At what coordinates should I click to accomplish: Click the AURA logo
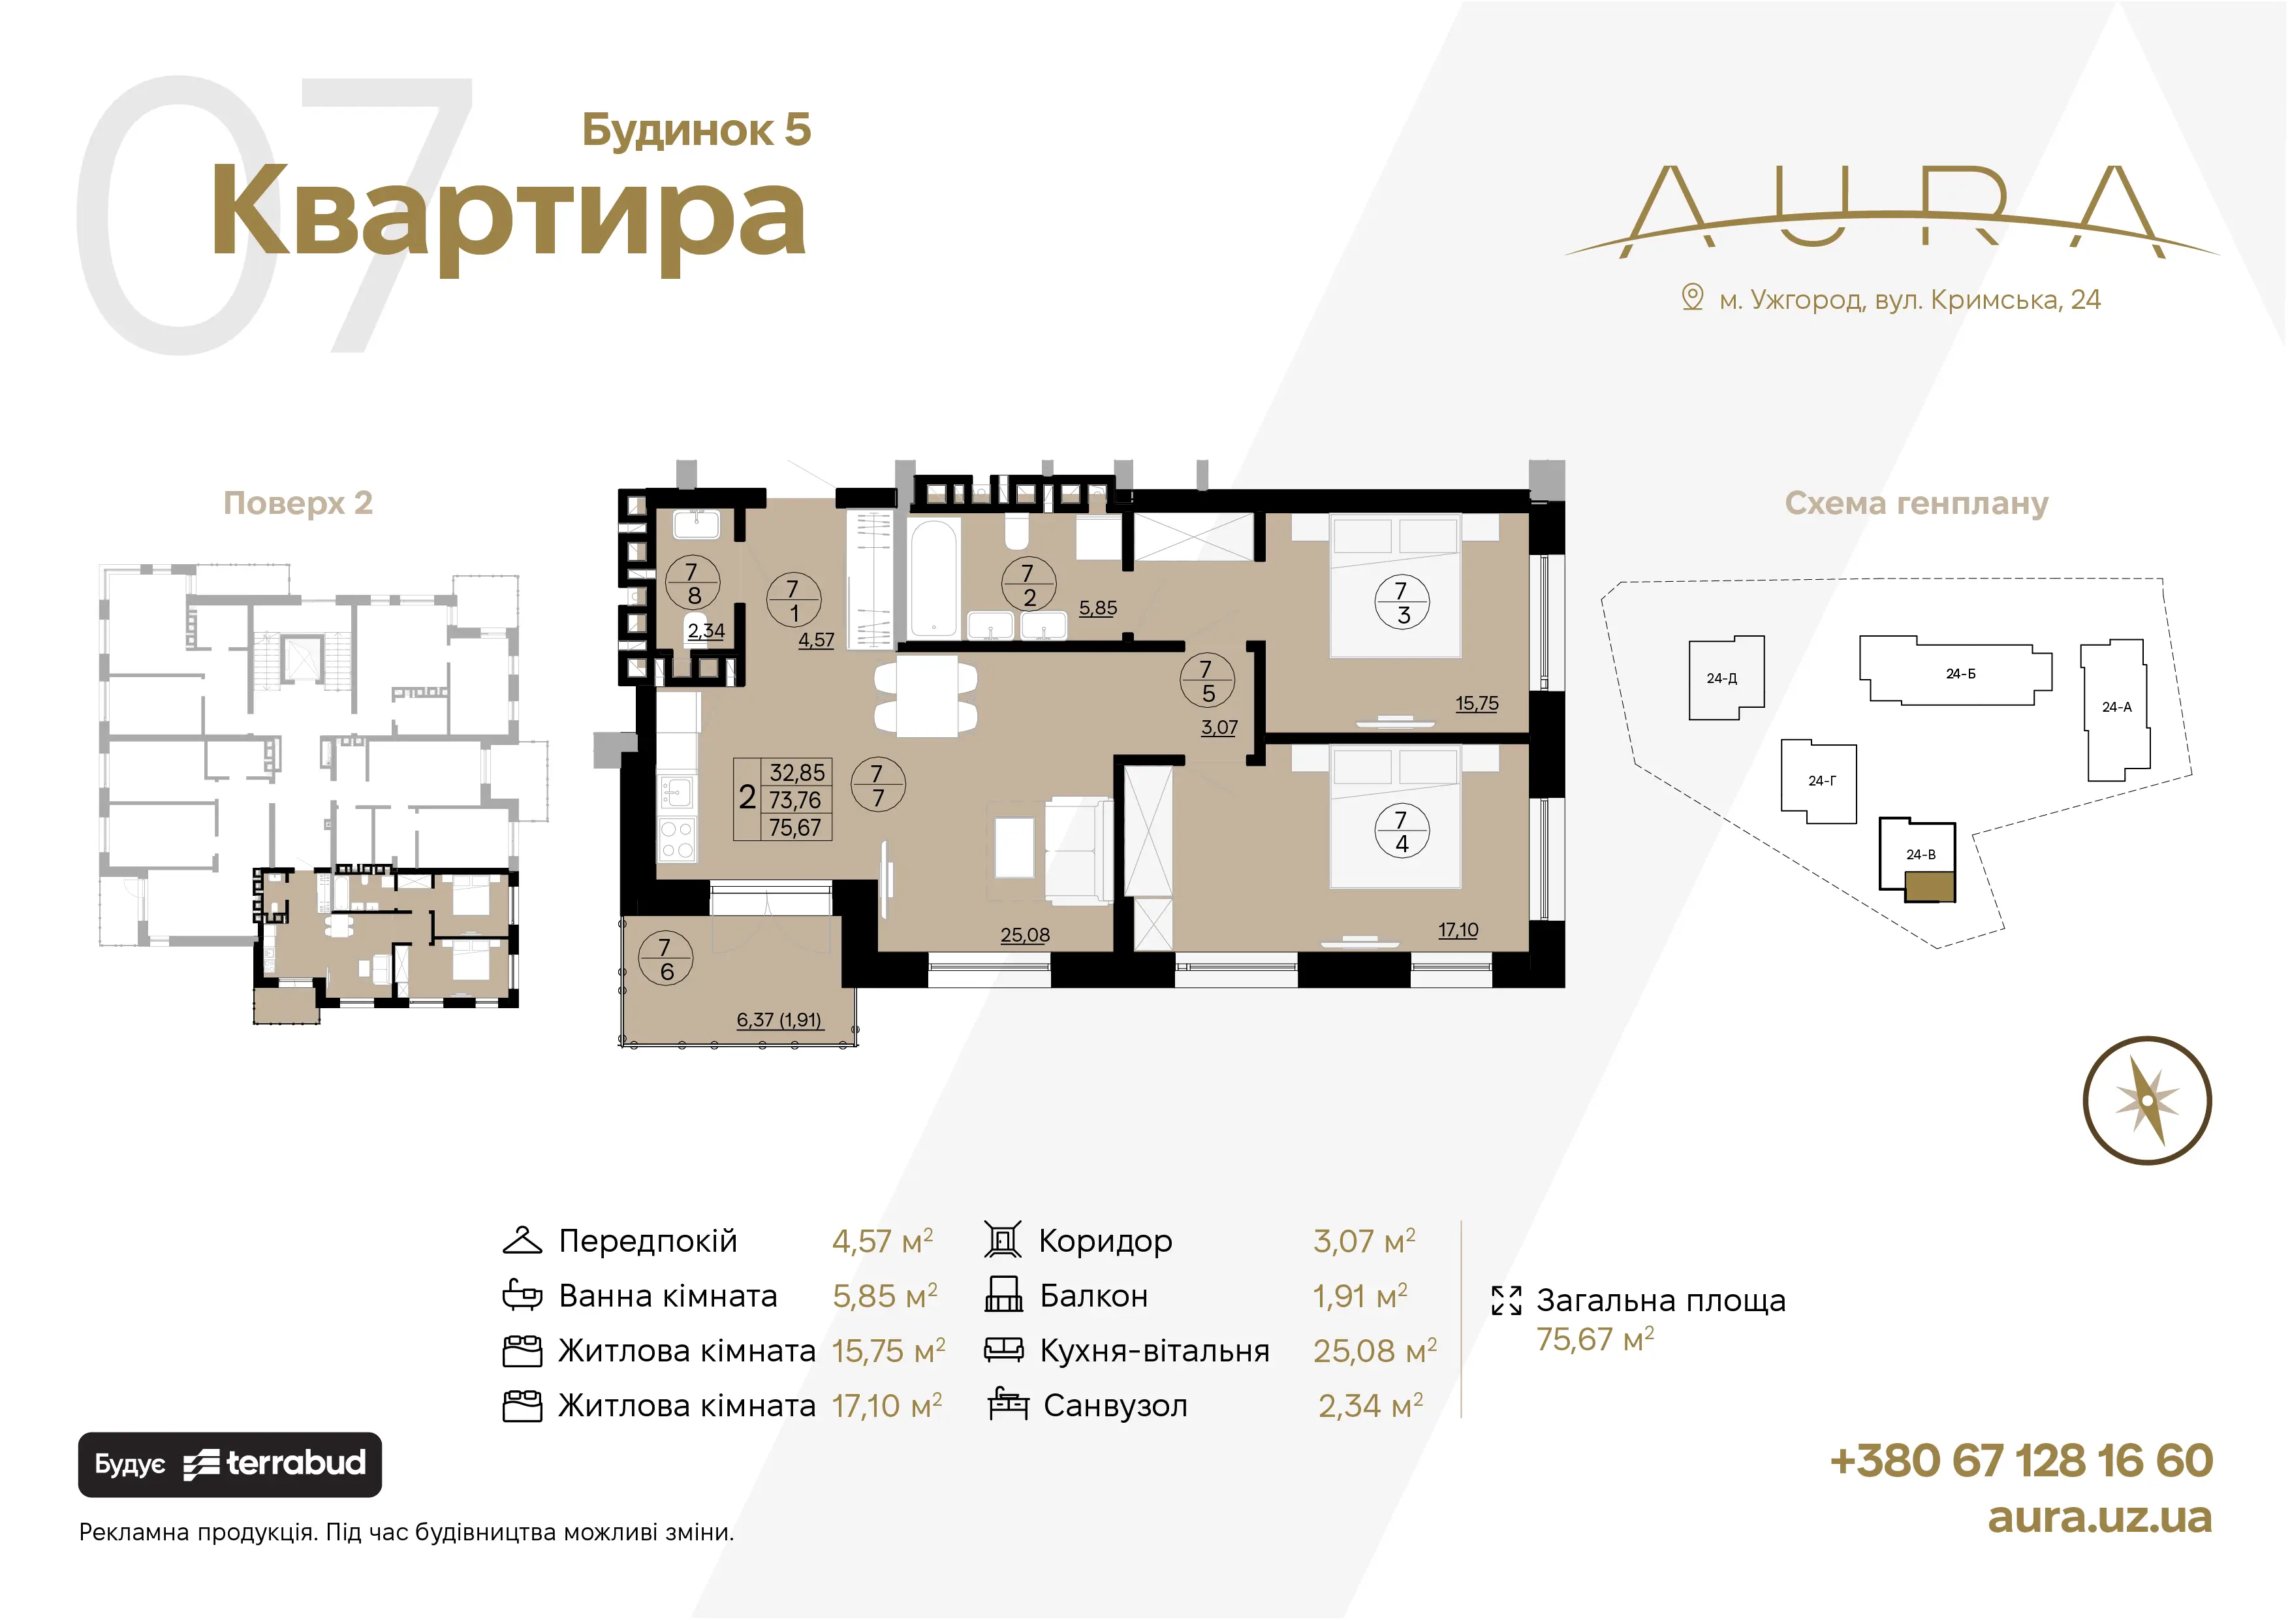click(1892, 212)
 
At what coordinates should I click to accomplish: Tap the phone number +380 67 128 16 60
click(2022, 1461)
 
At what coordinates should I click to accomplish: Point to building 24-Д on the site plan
click(1725, 678)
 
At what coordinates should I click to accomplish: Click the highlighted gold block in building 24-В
click(1929, 886)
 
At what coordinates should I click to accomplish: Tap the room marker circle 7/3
click(1402, 603)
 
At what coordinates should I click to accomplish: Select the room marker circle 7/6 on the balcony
click(665, 959)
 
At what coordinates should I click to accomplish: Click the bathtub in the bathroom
click(935, 578)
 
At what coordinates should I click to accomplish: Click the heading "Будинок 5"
click(696, 130)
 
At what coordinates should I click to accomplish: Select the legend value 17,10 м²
click(886, 1406)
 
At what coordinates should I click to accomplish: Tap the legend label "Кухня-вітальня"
click(1154, 1351)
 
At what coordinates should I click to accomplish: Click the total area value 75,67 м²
click(1595, 1339)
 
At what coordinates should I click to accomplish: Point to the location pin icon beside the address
click(1691, 297)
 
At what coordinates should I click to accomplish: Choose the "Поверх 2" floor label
click(298, 503)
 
